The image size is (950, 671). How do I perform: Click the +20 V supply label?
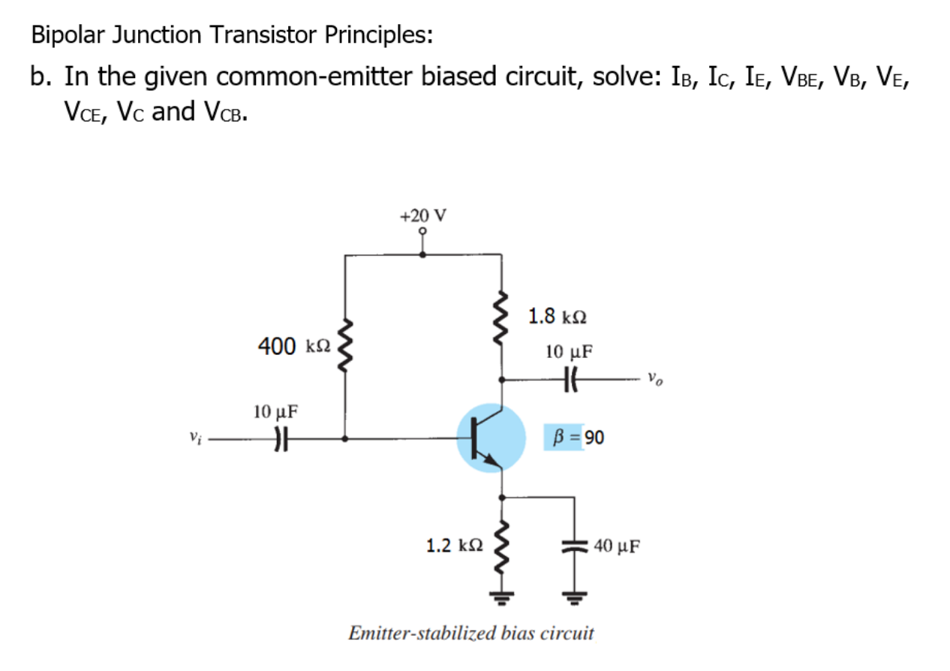coord(422,216)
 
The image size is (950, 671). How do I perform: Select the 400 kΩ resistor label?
coord(293,346)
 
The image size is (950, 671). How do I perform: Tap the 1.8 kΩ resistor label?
coord(557,316)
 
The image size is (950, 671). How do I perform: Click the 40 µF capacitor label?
coord(617,546)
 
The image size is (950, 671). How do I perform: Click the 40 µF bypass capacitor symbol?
coord(576,546)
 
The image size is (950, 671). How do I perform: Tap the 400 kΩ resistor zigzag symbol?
coord(344,348)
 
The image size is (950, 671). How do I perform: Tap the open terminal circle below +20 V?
coord(422,233)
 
